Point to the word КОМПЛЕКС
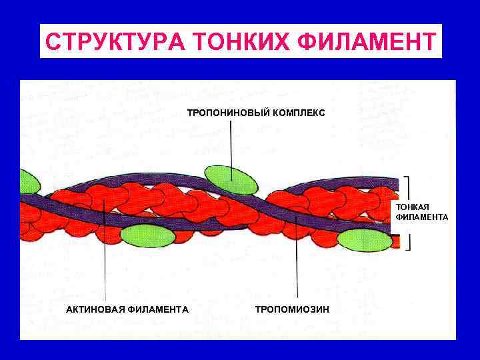299,113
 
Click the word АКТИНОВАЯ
95,309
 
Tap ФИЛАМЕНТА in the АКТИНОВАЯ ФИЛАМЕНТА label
158,309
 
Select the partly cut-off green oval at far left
29,181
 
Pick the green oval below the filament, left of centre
147,235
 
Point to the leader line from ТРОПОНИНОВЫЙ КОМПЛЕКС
231,143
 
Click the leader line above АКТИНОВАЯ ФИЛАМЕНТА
105,267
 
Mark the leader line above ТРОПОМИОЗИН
297,267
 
